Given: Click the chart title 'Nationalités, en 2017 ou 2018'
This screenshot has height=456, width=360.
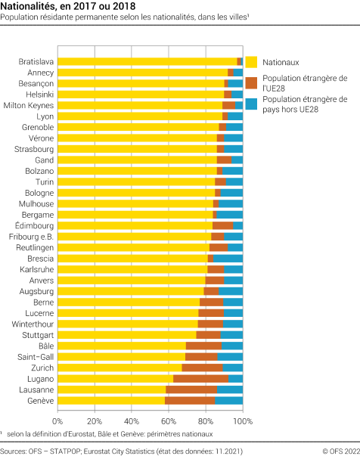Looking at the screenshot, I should pyautogui.click(x=63, y=7).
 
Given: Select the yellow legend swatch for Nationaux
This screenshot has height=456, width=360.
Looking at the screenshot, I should pyautogui.click(x=252, y=62).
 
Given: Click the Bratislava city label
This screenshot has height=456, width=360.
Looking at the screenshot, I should pyautogui.click(x=36, y=61).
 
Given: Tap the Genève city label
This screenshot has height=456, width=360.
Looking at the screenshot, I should pyautogui.click(x=40, y=400).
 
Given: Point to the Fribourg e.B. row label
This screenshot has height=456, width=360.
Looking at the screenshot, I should pyautogui.click(x=31, y=237).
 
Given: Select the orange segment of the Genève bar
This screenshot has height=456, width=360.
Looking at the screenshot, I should pyautogui.click(x=190, y=400).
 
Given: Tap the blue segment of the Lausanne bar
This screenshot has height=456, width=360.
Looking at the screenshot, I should pyautogui.click(x=230, y=389).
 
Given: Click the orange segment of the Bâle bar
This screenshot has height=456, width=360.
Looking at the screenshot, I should pyautogui.click(x=203, y=346).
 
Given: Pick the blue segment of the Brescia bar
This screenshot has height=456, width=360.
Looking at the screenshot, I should pyautogui.click(x=228, y=258).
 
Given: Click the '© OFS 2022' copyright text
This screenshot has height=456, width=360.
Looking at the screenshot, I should pyautogui.click(x=337, y=451).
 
